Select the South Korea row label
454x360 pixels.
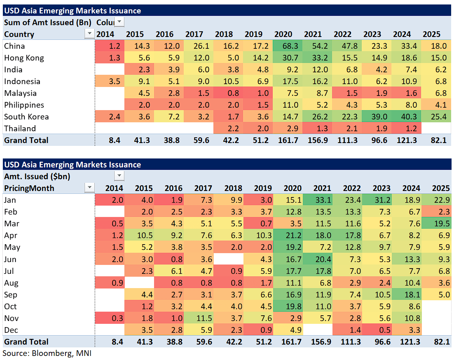[26, 117]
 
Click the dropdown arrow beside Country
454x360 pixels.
[89, 34]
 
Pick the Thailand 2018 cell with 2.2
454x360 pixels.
[230, 128]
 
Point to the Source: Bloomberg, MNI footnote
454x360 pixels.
[47, 353]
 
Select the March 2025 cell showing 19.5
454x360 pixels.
[437, 223]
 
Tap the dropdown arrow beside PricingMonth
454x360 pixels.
[89, 188]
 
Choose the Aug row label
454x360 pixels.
[11, 283]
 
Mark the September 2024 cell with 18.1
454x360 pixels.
[408, 295]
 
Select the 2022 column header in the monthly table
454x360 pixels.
[352, 188]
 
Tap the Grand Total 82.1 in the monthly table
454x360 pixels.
[437, 342]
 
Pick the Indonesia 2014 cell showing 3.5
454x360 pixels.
[110, 81]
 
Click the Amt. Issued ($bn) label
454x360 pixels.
[37, 176]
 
